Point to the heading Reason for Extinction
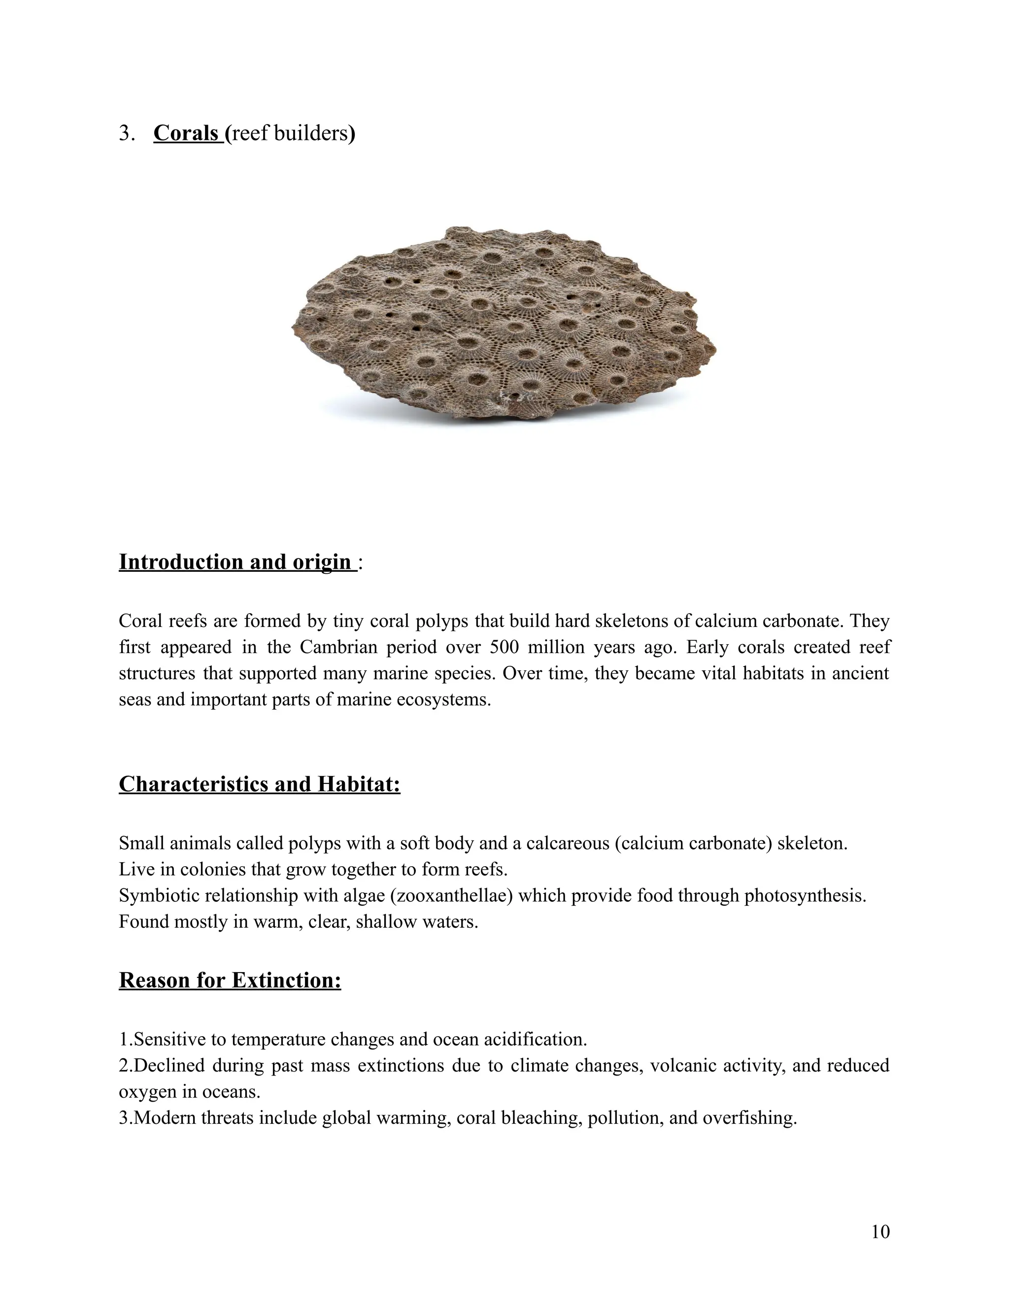point(230,980)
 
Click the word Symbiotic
point(158,896)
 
